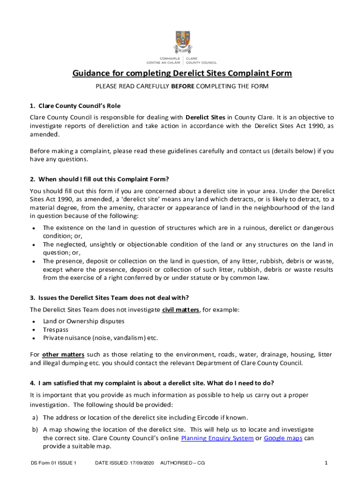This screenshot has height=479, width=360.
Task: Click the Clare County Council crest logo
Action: (182, 43)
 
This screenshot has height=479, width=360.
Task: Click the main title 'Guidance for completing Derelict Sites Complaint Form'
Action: (182, 73)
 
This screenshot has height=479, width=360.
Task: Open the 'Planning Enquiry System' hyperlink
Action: (217, 438)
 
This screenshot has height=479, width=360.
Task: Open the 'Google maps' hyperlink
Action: (283, 438)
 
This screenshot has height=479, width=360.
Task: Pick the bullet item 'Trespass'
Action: (56, 330)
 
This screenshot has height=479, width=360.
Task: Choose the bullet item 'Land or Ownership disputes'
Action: (84, 321)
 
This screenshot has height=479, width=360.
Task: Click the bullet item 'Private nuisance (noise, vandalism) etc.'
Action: (101, 338)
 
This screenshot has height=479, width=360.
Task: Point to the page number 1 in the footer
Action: (326, 463)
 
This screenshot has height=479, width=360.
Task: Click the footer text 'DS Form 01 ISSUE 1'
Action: (53, 463)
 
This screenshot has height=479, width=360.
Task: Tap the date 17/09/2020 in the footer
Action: (139, 463)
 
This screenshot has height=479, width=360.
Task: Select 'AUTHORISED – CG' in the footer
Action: (182, 463)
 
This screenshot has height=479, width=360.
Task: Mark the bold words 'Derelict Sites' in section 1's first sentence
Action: (206, 117)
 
